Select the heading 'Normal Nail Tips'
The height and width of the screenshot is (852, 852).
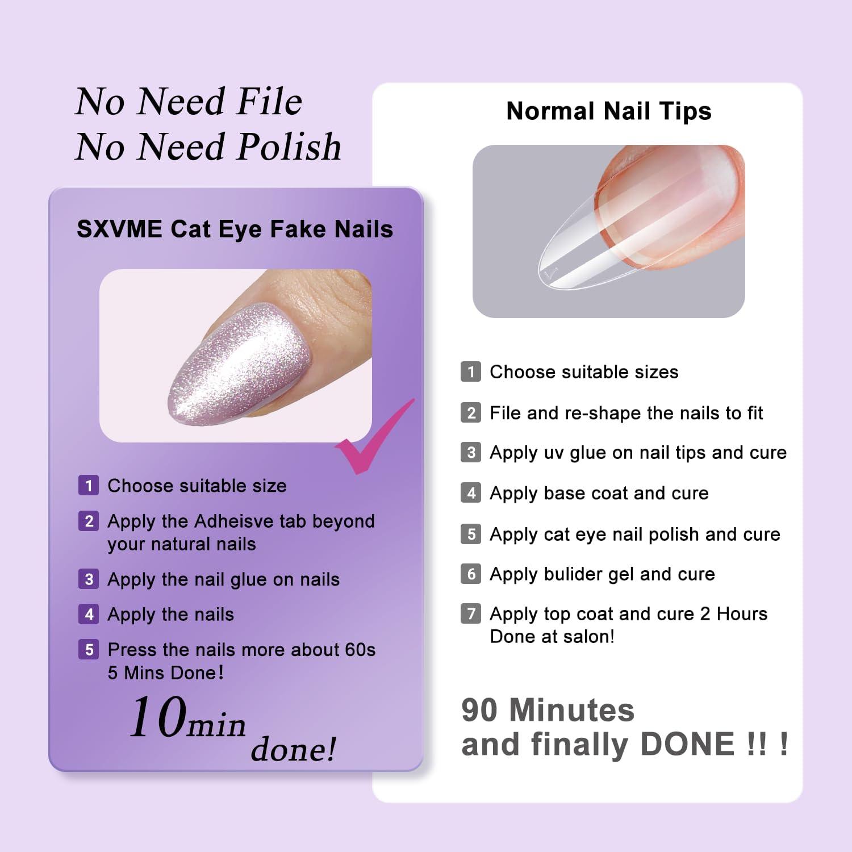[x=609, y=111]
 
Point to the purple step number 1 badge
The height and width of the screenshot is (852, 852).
[x=89, y=486]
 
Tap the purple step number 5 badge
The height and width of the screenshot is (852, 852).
[x=89, y=650]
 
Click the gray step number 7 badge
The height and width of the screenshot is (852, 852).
[x=471, y=613]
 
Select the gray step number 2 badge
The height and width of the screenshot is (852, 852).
[x=471, y=412]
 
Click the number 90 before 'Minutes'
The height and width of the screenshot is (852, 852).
[x=481, y=710]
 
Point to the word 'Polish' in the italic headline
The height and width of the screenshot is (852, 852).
[x=289, y=147]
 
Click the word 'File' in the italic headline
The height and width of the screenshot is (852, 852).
[x=270, y=101]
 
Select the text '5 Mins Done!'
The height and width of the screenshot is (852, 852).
[x=166, y=673]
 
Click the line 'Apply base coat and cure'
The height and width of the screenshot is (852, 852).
[x=599, y=494]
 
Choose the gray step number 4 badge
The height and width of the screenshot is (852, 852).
[x=471, y=492]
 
